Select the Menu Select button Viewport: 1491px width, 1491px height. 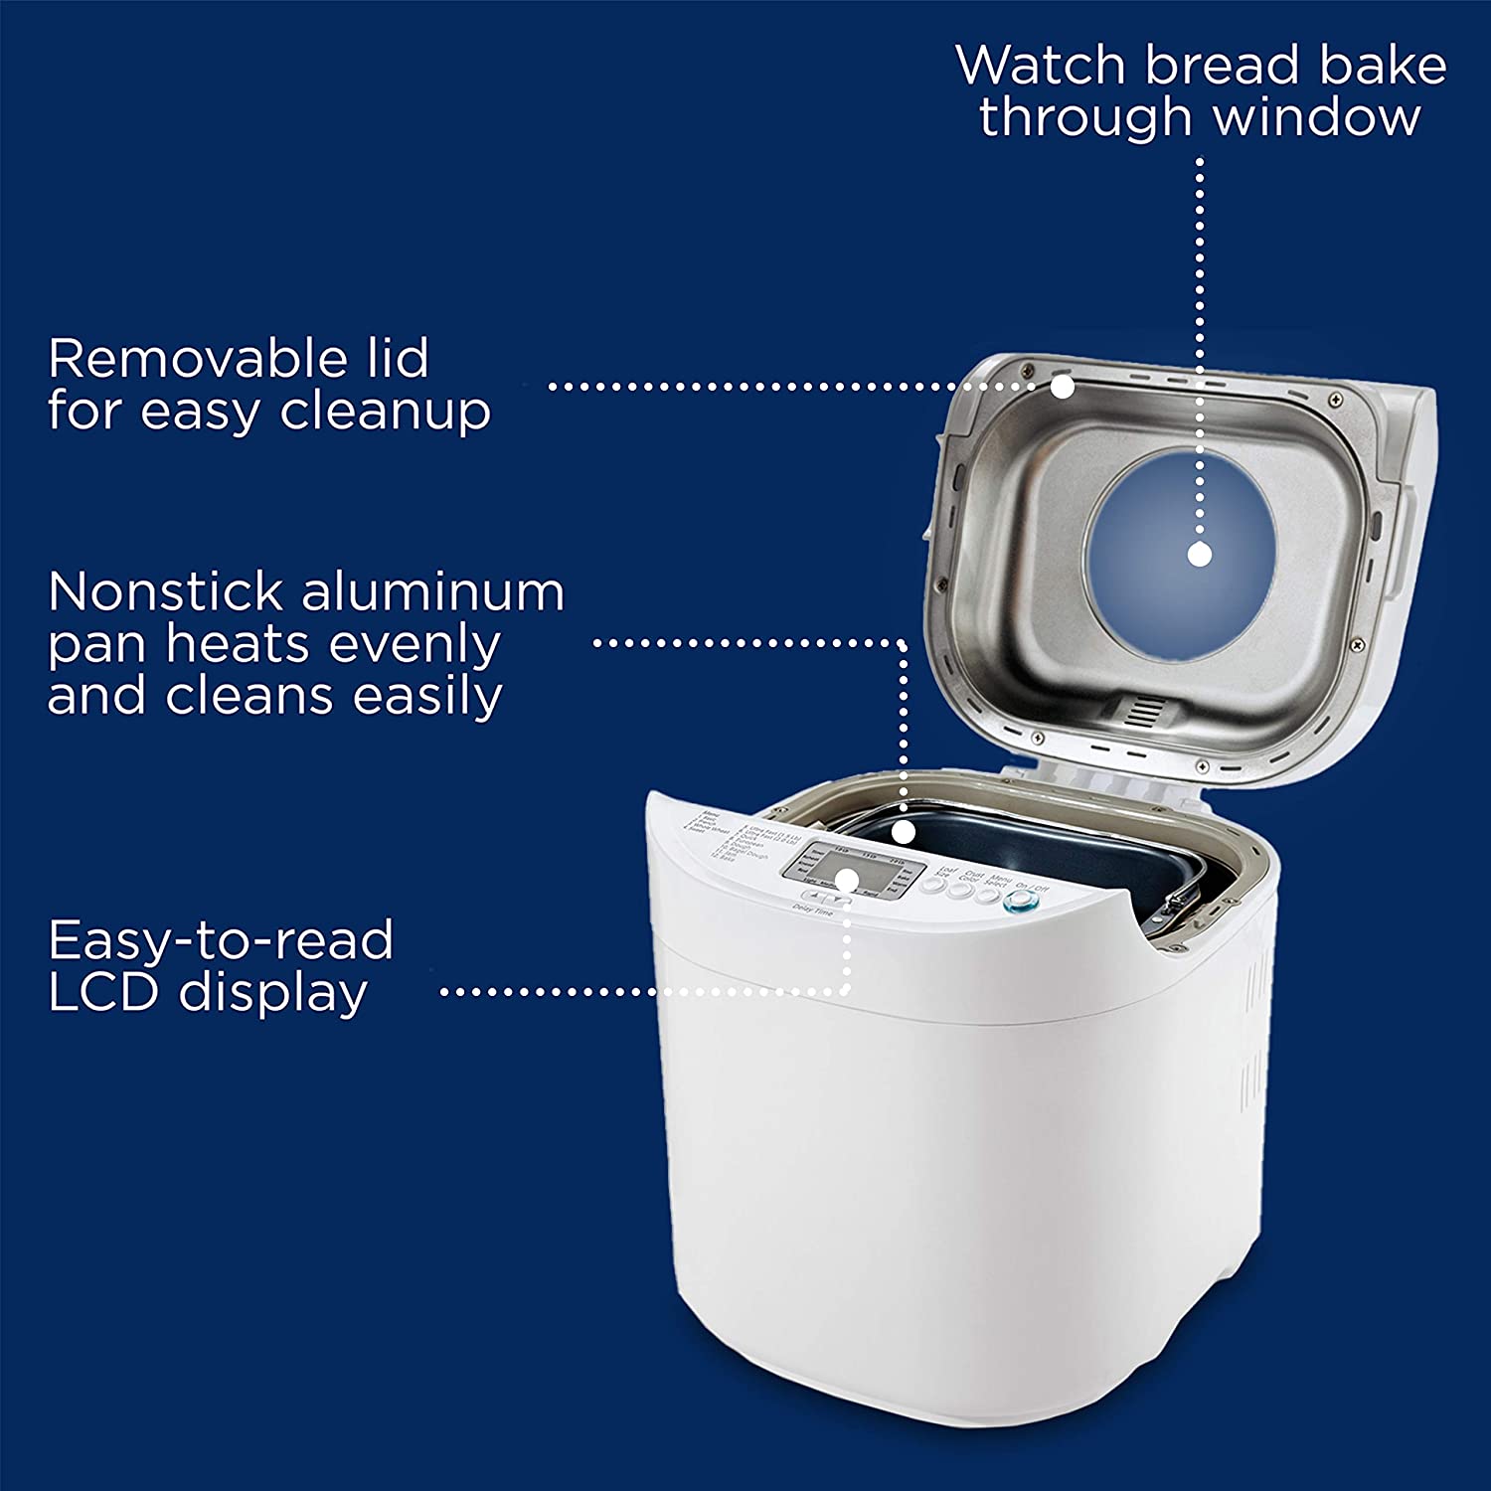tap(987, 895)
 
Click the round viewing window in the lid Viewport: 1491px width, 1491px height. tap(1180, 553)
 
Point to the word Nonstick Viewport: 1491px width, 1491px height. tap(165, 591)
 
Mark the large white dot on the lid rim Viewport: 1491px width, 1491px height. tap(1063, 387)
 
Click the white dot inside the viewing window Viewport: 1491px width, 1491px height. tap(1200, 555)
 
